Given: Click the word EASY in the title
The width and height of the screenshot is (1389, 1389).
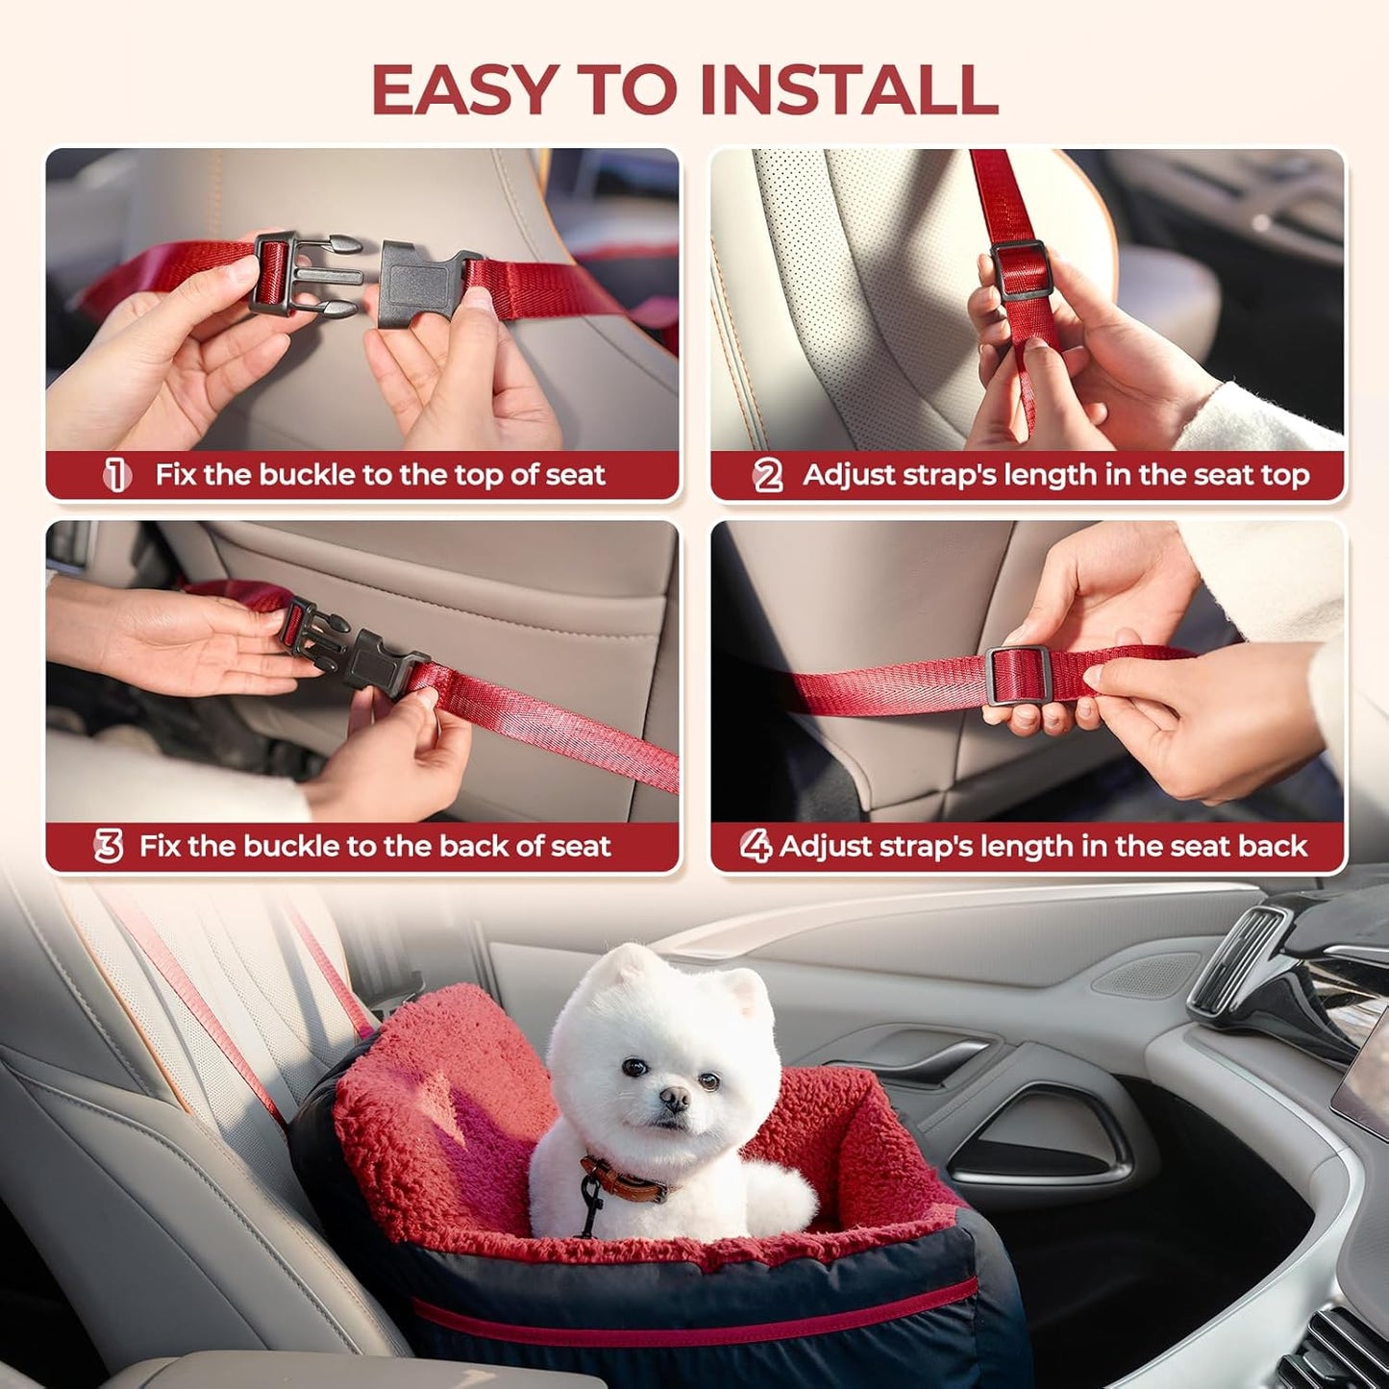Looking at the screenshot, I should pyautogui.click(x=464, y=89).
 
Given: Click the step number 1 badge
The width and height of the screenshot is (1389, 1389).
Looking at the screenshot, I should pyautogui.click(x=117, y=475).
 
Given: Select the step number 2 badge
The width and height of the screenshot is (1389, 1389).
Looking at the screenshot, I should pyautogui.click(x=767, y=475).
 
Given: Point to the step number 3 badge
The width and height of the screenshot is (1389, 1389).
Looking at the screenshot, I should pyautogui.click(x=108, y=846).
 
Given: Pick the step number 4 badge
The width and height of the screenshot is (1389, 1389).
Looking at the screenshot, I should pyautogui.click(x=756, y=846).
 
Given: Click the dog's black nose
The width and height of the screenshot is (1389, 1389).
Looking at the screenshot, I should pyautogui.click(x=674, y=1098).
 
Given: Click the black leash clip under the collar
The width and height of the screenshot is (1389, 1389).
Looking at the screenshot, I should pyautogui.click(x=588, y=1203).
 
